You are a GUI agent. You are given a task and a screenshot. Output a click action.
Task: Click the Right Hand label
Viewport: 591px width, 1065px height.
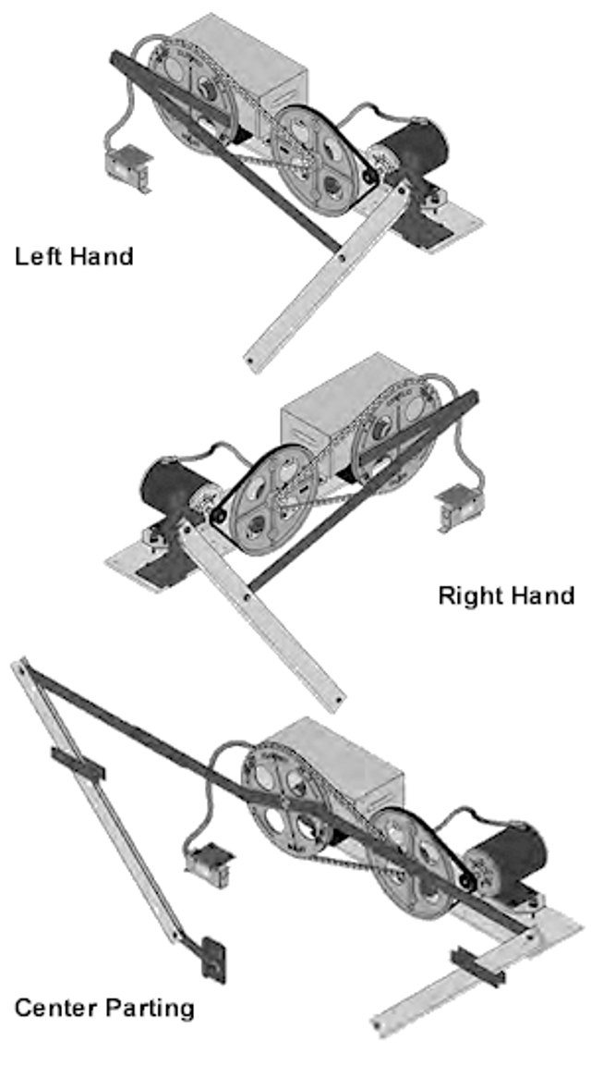pos(505,594)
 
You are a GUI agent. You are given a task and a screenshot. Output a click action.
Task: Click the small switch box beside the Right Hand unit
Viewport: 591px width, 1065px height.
pos(457,507)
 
